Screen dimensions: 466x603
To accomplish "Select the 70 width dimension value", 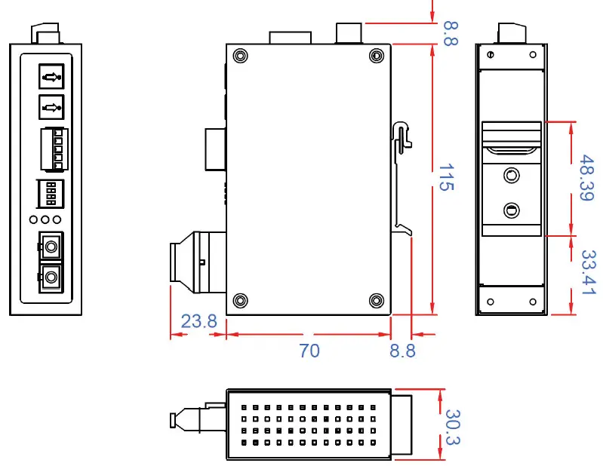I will click(x=309, y=351).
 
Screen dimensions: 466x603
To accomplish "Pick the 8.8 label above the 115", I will click(x=451, y=33).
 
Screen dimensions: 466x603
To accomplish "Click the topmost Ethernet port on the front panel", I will click(x=51, y=76).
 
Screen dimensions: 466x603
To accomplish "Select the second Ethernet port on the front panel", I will click(x=51, y=107).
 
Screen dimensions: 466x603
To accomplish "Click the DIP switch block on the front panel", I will click(x=51, y=194).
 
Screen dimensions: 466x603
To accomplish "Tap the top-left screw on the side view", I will click(x=240, y=57).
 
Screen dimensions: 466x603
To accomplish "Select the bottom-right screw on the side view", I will click(x=376, y=301).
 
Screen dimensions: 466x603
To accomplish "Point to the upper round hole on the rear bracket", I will click(x=512, y=176).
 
